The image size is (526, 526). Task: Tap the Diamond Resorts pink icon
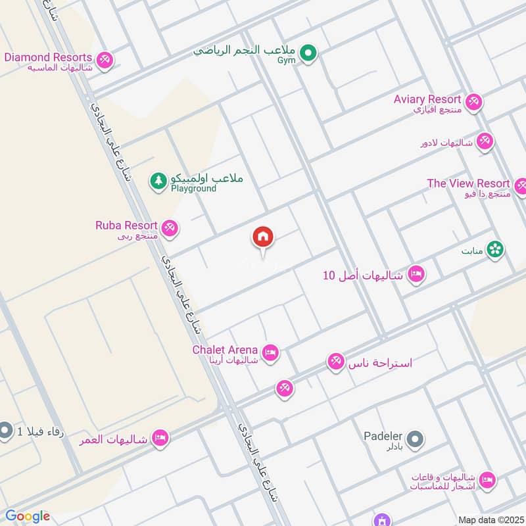coord(104,60)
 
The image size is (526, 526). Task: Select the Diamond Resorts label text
coord(47,57)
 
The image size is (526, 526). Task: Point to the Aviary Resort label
coord(427,99)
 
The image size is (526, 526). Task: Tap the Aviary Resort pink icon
coord(473,103)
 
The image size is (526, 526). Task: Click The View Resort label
coord(468,183)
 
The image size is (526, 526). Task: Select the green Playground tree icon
coord(158,180)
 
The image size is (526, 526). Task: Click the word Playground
coord(193,189)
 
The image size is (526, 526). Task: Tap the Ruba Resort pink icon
coord(170,228)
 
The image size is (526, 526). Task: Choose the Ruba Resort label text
coord(126,226)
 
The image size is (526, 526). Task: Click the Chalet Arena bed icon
coord(270,353)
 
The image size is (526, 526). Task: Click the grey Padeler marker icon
coord(414,439)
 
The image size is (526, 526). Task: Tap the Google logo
coord(28,516)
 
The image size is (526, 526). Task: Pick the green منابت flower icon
coord(496,250)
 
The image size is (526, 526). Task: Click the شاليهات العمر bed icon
coord(159,438)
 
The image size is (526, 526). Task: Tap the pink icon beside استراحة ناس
coord(336,362)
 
